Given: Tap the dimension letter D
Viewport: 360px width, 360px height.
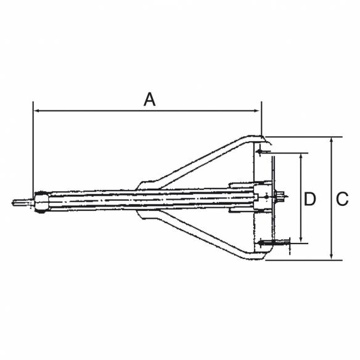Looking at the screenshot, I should pyautogui.click(x=311, y=198).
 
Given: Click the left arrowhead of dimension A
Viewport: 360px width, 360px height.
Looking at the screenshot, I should pyautogui.click(x=36, y=111).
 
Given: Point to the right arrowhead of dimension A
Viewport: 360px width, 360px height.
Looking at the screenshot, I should pyautogui.click(x=258, y=111).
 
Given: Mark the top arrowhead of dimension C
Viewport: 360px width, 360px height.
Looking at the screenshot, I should pyautogui.click(x=332, y=141).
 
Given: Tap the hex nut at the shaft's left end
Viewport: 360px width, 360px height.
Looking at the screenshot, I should pyautogui.click(x=40, y=202).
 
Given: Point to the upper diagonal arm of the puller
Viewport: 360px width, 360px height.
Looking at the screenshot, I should pyautogui.click(x=203, y=162).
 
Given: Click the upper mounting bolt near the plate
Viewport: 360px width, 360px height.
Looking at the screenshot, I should pyautogui.click(x=264, y=151).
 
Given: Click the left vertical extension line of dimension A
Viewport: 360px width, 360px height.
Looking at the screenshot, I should pyautogui.click(x=32, y=148).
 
